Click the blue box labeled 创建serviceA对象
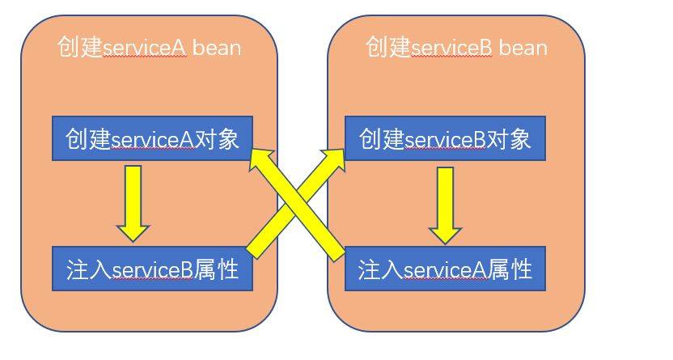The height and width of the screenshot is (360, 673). [x=151, y=139]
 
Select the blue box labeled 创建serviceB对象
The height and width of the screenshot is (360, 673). [x=445, y=139]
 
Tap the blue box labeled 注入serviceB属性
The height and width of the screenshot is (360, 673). [x=151, y=269]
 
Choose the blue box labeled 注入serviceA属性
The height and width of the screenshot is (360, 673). [x=445, y=269]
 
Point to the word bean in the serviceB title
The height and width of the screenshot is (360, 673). [x=523, y=47]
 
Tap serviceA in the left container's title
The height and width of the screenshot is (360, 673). [x=145, y=47]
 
